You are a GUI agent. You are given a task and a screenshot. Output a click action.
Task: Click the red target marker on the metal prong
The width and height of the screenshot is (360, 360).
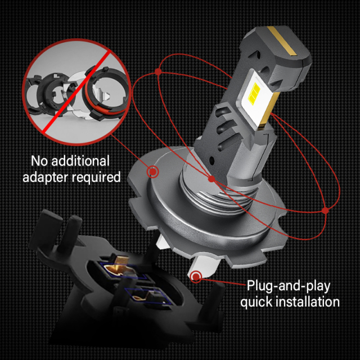coord(196,276)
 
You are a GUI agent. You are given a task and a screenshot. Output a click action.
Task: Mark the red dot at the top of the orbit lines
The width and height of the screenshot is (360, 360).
coord(158,71)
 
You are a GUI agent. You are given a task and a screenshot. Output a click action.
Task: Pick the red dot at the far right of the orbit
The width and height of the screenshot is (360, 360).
coord(325,210)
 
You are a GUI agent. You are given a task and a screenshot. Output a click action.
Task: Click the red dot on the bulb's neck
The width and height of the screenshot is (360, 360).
coord(211,179)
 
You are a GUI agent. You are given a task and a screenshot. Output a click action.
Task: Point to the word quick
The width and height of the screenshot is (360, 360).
coord(258,301)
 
